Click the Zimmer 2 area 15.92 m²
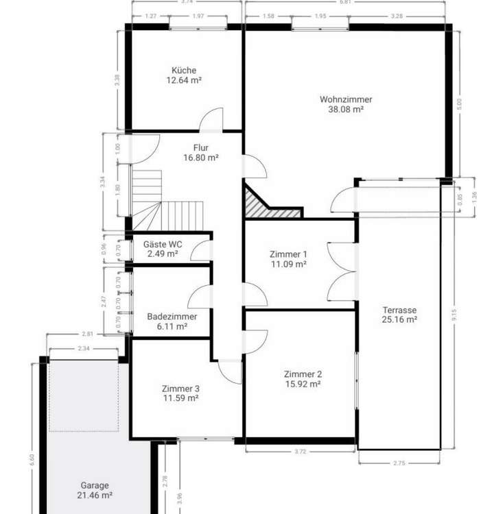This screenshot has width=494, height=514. click(x=303, y=384)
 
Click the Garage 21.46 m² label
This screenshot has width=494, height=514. click(x=93, y=489)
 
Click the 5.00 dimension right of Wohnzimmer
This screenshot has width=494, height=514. click(x=460, y=103)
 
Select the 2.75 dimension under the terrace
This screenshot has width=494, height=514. click(x=399, y=464)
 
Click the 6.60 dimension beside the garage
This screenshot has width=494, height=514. click(x=32, y=459)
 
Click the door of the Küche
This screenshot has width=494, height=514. click(x=211, y=119)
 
